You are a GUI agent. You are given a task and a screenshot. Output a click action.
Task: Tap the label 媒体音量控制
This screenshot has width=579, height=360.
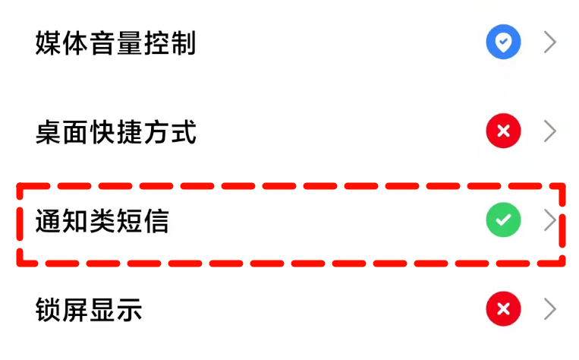tap(115, 43)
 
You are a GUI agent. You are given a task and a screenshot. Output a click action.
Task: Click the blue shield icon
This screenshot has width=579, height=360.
tap(503, 43)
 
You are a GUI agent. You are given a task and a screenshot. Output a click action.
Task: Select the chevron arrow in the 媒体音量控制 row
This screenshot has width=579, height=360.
tap(550, 43)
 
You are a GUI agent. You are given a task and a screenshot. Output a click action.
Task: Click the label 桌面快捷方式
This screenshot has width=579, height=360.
tap(115, 132)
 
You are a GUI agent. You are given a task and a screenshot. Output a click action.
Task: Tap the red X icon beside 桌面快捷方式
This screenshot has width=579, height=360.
tap(503, 132)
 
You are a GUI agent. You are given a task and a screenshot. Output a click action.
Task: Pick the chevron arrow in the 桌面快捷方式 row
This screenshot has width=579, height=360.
tap(550, 132)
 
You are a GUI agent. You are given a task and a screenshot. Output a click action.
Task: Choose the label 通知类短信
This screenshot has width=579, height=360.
tap(102, 221)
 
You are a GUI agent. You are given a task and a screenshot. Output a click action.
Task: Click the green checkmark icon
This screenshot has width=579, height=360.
tap(503, 221)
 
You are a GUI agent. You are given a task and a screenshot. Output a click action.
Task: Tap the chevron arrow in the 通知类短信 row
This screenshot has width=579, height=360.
tap(550, 221)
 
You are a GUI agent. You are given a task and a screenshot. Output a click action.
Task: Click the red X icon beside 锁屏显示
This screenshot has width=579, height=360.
tap(503, 309)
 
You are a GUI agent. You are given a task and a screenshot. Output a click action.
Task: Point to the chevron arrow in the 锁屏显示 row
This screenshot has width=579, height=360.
tap(550, 309)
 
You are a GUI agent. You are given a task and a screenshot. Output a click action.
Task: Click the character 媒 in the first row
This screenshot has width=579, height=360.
tap(49, 43)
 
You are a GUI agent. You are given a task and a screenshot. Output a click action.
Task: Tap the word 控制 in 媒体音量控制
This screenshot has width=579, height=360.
tap(169, 43)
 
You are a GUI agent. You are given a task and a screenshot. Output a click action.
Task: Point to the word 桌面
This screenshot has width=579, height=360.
tap(61, 132)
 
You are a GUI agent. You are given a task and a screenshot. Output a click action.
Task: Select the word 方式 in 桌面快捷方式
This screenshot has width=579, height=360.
tap(169, 132)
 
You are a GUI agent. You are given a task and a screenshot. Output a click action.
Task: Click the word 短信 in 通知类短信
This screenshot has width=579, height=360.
tap(142, 221)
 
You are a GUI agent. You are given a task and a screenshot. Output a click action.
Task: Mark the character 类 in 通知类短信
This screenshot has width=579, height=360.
tap(102, 221)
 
